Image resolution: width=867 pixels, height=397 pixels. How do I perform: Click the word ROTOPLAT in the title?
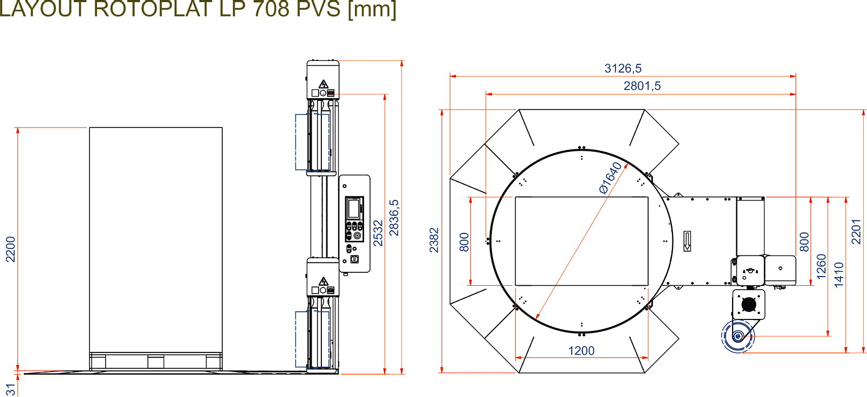[153, 9]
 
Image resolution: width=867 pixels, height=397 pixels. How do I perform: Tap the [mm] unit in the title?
[372, 9]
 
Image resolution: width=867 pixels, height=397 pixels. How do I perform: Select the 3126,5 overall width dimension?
[623, 68]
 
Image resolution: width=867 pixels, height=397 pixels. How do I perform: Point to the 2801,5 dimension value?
[642, 86]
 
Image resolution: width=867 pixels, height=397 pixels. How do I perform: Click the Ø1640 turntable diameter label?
[610, 178]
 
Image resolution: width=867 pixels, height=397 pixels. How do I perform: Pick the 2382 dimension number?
[434, 240]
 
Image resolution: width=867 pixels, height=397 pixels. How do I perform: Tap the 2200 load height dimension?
[10, 249]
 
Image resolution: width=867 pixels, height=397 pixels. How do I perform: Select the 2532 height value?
[378, 233]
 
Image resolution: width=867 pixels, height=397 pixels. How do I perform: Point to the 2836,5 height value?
[393, 217]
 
